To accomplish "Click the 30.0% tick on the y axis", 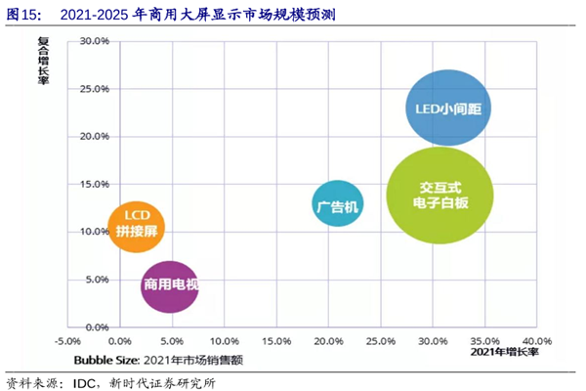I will click(95, 41).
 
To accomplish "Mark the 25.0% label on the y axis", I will click(95, 89).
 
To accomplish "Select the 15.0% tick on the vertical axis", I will click(95, 184).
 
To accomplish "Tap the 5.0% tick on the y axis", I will click(95, 279).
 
